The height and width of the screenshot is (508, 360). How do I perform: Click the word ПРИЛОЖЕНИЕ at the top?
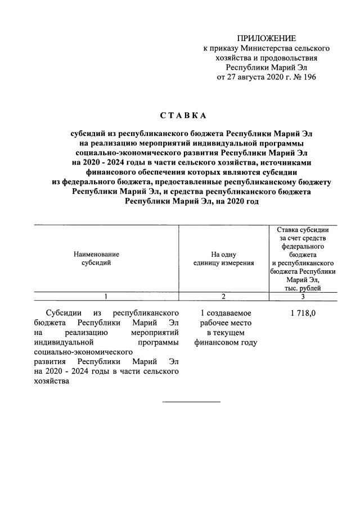266,38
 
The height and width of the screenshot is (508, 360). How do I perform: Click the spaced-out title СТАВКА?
183,116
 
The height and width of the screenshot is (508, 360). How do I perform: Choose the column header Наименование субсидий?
96,258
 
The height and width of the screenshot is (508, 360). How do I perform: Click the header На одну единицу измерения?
223,258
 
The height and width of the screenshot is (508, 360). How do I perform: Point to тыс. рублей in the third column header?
303,288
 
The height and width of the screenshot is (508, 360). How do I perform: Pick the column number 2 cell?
223,296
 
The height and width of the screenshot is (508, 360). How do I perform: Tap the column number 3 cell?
303,296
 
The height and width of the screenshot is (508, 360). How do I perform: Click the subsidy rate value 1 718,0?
303,312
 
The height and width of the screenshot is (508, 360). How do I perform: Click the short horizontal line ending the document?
191,402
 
